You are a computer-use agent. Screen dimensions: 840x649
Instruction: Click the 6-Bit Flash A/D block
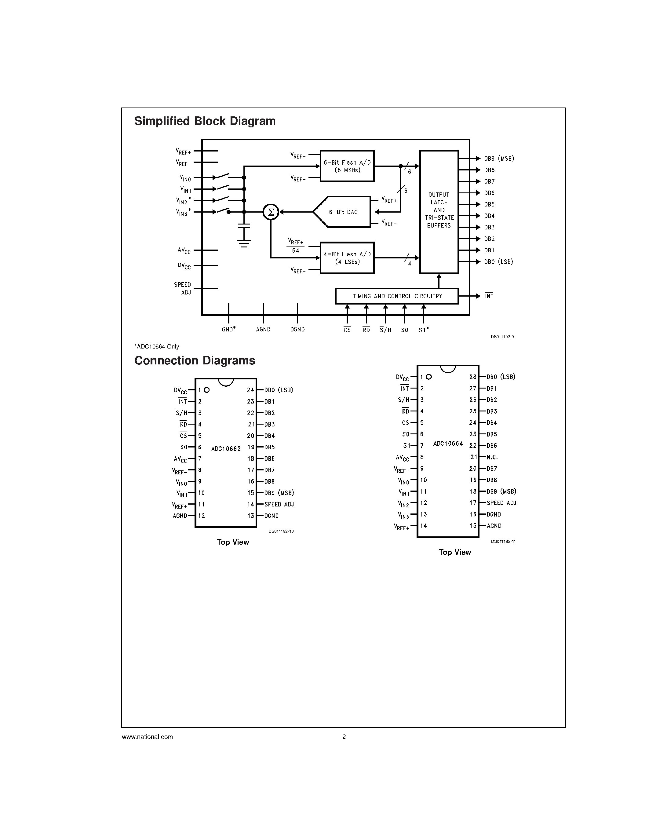coord(347,166)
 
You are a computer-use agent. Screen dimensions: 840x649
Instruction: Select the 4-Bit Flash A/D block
coord(347,258)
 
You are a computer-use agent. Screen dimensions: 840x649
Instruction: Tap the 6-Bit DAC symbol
coord(342,212)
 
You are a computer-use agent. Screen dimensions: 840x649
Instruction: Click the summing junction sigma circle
coord(271,212)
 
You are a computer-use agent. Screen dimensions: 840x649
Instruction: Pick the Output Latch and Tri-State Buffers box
coord(439,212)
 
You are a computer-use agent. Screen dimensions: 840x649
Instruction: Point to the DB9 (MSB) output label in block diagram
coord(499,159)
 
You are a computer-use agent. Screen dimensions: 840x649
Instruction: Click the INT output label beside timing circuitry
coord(489,296)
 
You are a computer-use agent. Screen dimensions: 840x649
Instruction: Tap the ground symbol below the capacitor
coord(244,243)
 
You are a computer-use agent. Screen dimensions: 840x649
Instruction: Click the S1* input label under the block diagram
coord(424,330)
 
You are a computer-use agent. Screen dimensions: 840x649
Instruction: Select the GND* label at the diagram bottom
coord(228,329)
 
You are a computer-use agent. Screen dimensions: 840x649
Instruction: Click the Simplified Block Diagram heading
coord(205,121)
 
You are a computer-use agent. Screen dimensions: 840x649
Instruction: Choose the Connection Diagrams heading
coord(195,360)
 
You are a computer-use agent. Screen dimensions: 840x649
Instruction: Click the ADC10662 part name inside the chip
coord(226,449)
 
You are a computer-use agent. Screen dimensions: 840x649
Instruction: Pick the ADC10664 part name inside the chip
coord(448,444)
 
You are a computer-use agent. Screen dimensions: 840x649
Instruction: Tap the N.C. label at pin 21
coord(492,457)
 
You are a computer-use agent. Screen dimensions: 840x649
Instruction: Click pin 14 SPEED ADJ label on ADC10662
coord(279,504)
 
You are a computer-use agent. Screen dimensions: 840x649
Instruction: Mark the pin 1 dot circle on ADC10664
coord(429,377)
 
